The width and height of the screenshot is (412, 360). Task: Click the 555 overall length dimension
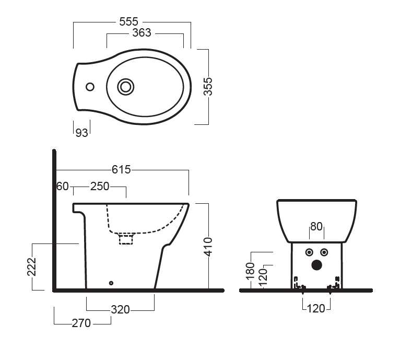pyautogui.click(x=129, y=21)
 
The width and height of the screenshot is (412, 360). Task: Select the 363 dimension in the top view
pyautogui.click(x=142, y=33)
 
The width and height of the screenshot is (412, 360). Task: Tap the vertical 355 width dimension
pyautogui.click(x=208, y=87)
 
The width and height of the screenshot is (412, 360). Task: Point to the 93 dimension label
pyautogui.click(x=81, y=133)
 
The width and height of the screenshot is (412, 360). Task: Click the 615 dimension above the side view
pyautogui.click(x=121, y=169)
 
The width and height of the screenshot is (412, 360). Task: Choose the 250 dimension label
pyautogui.click(x=100, y=187)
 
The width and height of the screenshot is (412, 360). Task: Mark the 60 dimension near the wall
pyautogui.click(x=63, y=187)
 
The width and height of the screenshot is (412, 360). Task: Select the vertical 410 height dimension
pyautogui.click(x=208, y=246)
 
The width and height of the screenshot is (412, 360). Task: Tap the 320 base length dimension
pyautogui.click(x=120, y=309)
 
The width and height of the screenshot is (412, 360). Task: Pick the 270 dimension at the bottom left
pyautogui.click(x=81, y=323)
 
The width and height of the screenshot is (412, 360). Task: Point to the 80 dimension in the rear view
pyautogui.click(x=316, y=227)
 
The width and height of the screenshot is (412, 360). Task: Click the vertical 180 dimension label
pyautogui.click(x=250, y=270)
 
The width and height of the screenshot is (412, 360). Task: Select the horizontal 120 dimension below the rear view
pyautogui.click(x=316, y=308)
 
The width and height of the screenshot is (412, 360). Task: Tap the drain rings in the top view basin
pyautogui.click(x=125, y=87)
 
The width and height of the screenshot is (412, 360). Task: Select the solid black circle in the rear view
pyautogui.click(x=316, y=265)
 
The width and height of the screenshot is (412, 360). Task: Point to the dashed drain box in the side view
pyautogui.click(x=126, y=239)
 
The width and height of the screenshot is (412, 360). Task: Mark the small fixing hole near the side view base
pyautogui.click(x=111, y=283)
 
